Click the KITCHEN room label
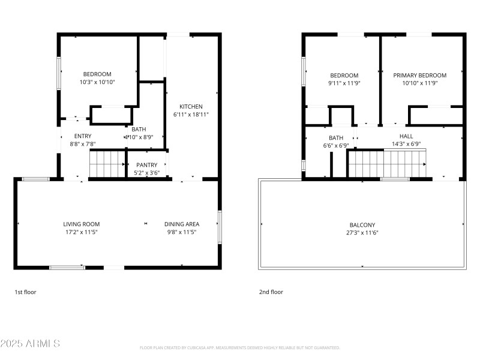191,106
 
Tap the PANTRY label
147,165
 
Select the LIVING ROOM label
82,224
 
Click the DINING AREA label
182,224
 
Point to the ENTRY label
83,136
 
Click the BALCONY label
362,225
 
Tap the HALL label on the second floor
406,136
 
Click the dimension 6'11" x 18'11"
191,114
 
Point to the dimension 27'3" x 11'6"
362,233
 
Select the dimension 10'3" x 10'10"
97,82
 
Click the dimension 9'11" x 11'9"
344,83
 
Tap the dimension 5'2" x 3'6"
147,173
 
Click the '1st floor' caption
26,292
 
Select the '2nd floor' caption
271,292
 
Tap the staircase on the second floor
387,164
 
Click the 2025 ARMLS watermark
30,344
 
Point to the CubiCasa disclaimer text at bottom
240,347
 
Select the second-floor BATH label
335,137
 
